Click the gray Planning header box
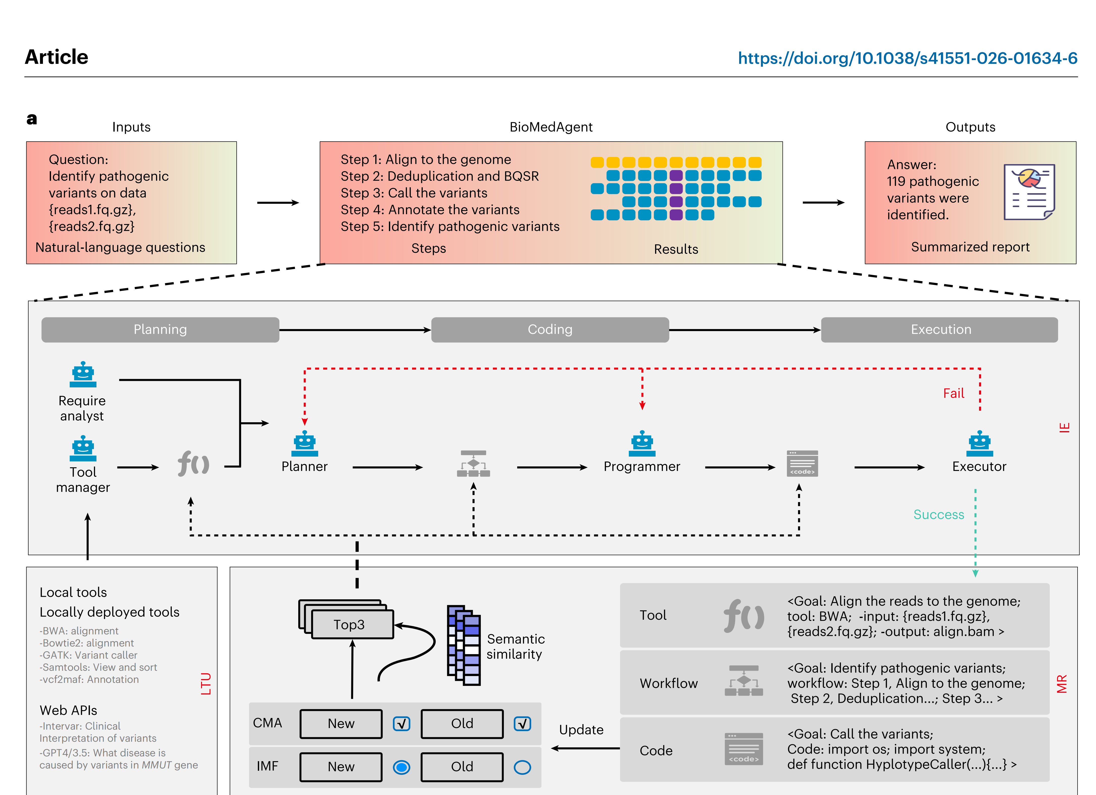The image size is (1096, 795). pos(160,330)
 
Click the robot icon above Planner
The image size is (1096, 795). pos(305,444)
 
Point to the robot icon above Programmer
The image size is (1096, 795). pos(642,444)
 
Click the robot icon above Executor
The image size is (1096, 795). pos(979,444)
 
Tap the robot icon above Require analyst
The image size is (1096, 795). pos(83,375)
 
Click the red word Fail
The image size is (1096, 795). pos(953,393)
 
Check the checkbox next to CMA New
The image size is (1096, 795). pos(402,724)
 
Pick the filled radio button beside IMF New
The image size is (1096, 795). pos(402,767)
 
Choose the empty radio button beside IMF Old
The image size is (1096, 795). pos(522,767)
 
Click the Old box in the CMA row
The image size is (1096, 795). pos(462,724)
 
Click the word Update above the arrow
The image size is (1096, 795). pos(581,730)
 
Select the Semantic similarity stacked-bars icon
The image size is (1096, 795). pos(463,645)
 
